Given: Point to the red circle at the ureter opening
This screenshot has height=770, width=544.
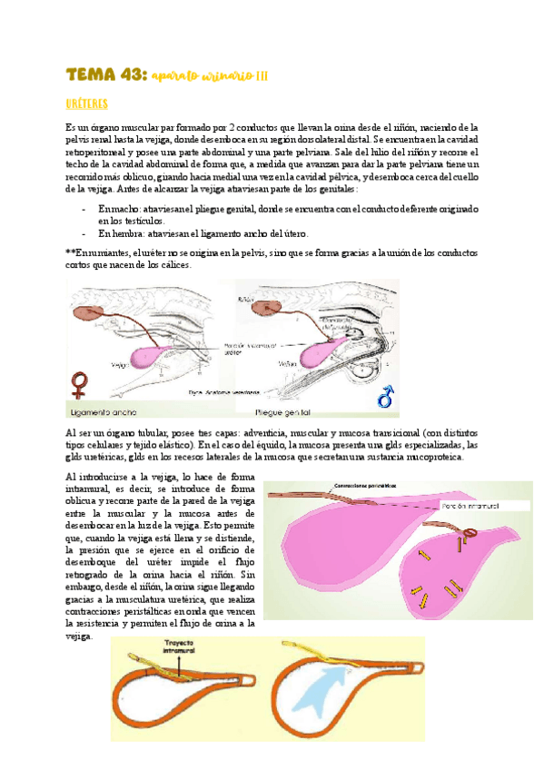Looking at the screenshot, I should pyautogui.click(x=470, y=533).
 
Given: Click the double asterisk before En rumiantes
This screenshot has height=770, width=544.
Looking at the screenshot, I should pyautogui.click(x=71, y=251).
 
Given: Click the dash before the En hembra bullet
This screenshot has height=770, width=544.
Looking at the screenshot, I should pyautogui.click(x=84, y=233).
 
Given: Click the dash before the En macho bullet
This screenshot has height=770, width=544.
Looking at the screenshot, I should pyautogui.click(x=84, y=209).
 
